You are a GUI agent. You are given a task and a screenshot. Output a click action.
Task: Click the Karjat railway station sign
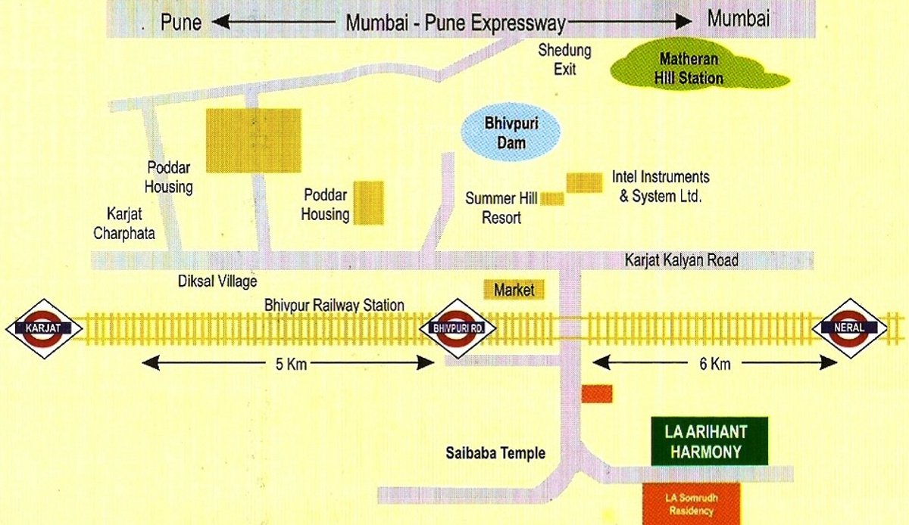pos(43,328)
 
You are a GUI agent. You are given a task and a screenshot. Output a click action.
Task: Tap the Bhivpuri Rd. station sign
pos(458,328)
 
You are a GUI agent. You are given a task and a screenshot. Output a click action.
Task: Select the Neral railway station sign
pos(849,328)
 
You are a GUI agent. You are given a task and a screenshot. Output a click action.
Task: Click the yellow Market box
pos(514,290)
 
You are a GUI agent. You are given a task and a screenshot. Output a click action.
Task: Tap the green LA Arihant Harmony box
pos(710,442)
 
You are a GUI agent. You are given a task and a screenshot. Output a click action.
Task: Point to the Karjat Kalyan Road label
pos(680,261)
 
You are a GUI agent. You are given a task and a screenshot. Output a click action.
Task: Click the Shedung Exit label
pos(564,59)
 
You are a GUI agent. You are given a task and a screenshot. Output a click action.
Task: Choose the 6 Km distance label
pos(714,365)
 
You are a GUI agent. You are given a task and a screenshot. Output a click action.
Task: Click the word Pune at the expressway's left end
pos(181,22)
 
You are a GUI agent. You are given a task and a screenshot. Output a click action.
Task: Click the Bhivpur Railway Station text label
pos(334,305)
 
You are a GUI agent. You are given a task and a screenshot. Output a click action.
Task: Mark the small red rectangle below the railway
pos(597,393)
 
